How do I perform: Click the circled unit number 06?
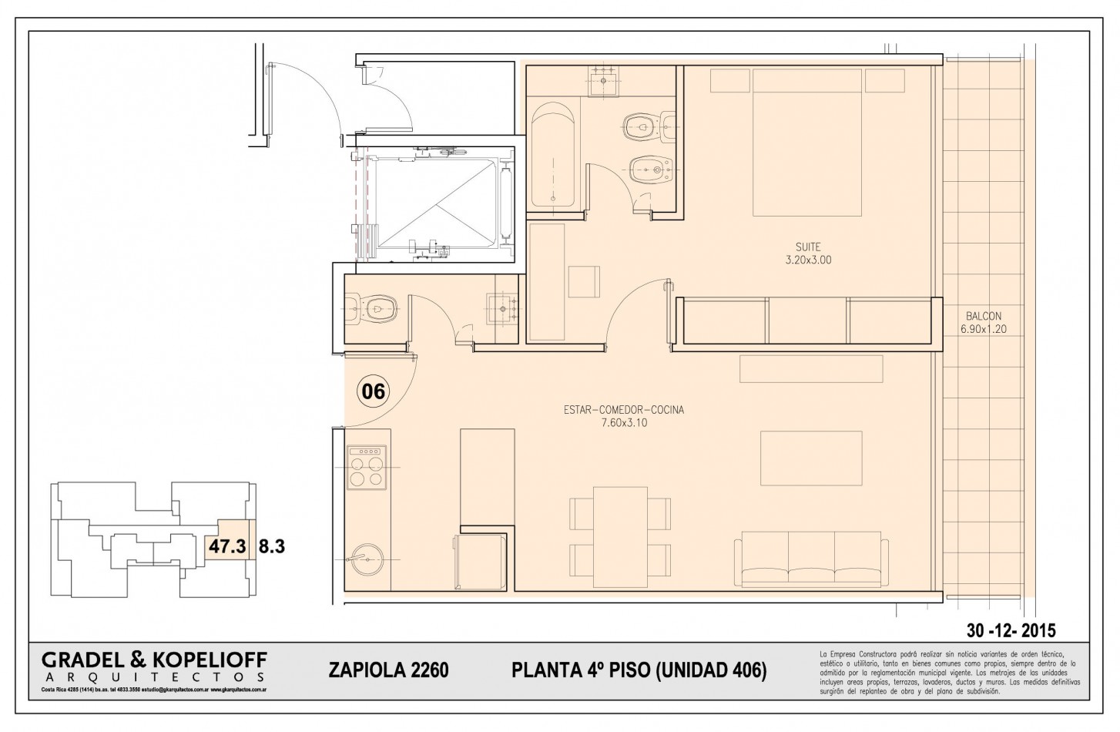(x=374, y=391)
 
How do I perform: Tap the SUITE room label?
(x=808, y=247)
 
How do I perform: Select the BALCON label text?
(x=984, y=316)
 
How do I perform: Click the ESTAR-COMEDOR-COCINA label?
(x=623, y=410)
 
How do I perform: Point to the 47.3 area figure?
(x=227, y=546)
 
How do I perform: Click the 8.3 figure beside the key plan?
(x=272, y=546)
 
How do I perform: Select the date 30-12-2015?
(x=1011, y=628)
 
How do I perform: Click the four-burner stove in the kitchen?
(x=367, y=467)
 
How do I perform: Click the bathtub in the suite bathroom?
(x=553, y=154)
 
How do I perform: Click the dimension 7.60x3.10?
(x=623, y=422)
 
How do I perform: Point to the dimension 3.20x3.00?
(x=808, y=260)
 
